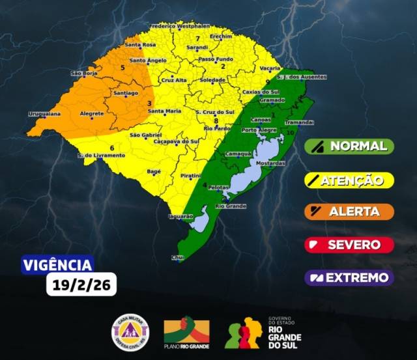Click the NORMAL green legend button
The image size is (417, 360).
[350, 146]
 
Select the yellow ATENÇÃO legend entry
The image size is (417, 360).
[350, 179]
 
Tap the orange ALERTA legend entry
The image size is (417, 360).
[350, 212]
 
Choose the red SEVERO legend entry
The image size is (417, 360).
[350, 245]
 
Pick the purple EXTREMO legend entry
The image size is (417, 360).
[350, 278]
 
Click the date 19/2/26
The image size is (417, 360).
[81, 284]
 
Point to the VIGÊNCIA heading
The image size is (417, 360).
[57, 265]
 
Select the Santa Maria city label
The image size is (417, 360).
[165, 111]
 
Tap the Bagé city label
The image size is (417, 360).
[154, 171]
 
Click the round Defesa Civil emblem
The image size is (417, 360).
[130, 331]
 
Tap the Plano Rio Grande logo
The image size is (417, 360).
[186, 333]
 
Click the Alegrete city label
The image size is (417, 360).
[91, 113]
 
